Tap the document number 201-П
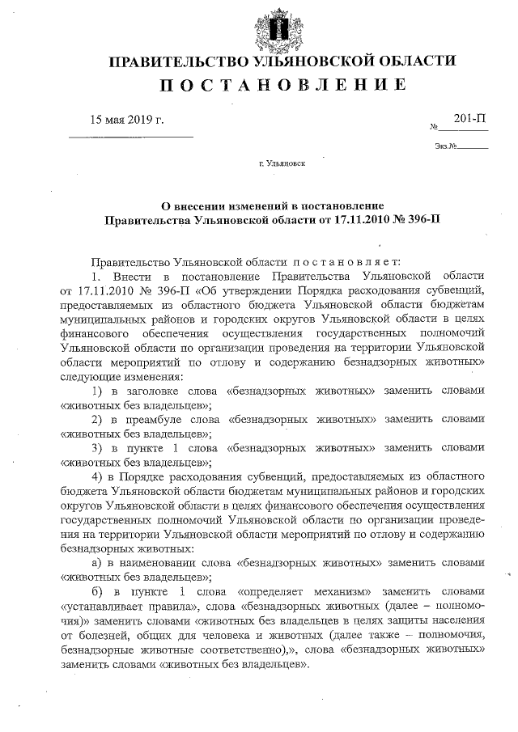tap(470, 119)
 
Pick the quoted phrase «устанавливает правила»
tap(125, 606)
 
